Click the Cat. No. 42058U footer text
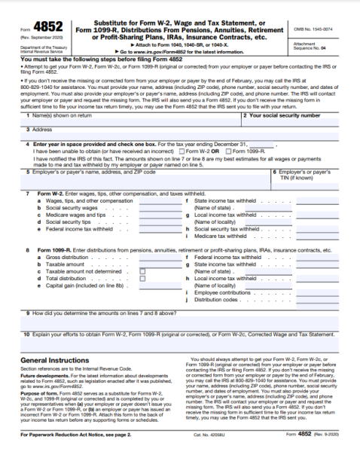pos(208,456)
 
